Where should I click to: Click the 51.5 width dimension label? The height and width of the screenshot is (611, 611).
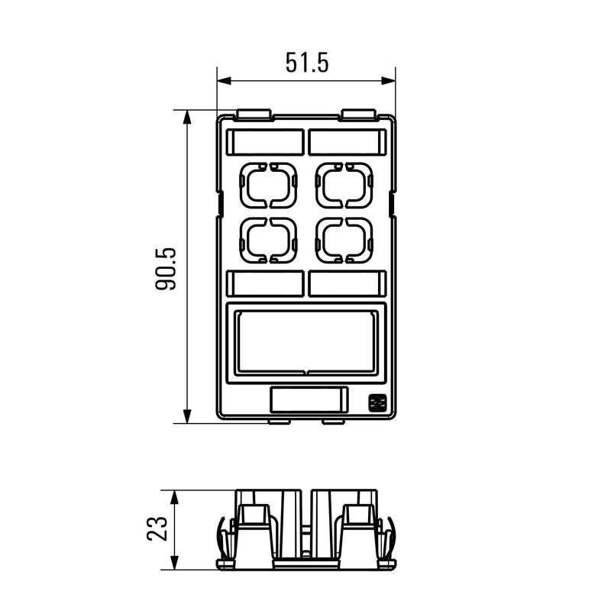307,63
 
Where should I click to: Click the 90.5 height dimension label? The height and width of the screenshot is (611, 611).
166,269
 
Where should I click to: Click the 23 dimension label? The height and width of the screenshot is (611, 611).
157,529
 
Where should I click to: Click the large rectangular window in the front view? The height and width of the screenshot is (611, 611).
307,341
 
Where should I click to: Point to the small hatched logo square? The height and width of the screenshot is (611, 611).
377,403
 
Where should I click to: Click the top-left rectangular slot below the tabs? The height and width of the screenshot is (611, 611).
265,142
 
